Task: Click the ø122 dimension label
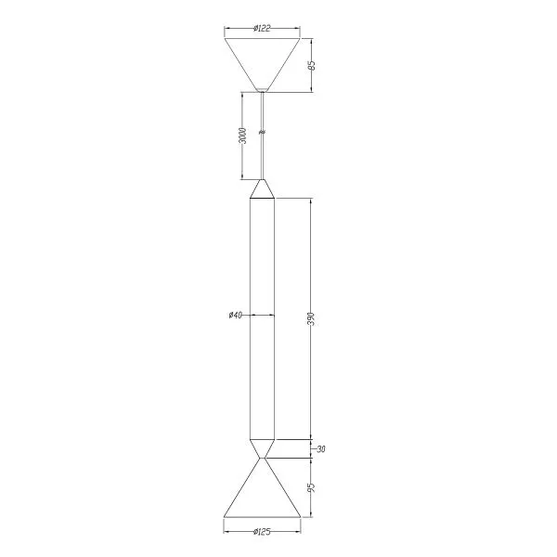[x=262, y=29]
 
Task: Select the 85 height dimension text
[x=312, y=66]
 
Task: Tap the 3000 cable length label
[x=242, y=136]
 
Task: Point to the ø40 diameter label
[x=235, y=315]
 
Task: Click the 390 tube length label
[x=311, y=319]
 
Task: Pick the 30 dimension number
[x=321, y=449]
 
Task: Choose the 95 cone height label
[x=312, y=487]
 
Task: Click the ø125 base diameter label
[x=262, y=532]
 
